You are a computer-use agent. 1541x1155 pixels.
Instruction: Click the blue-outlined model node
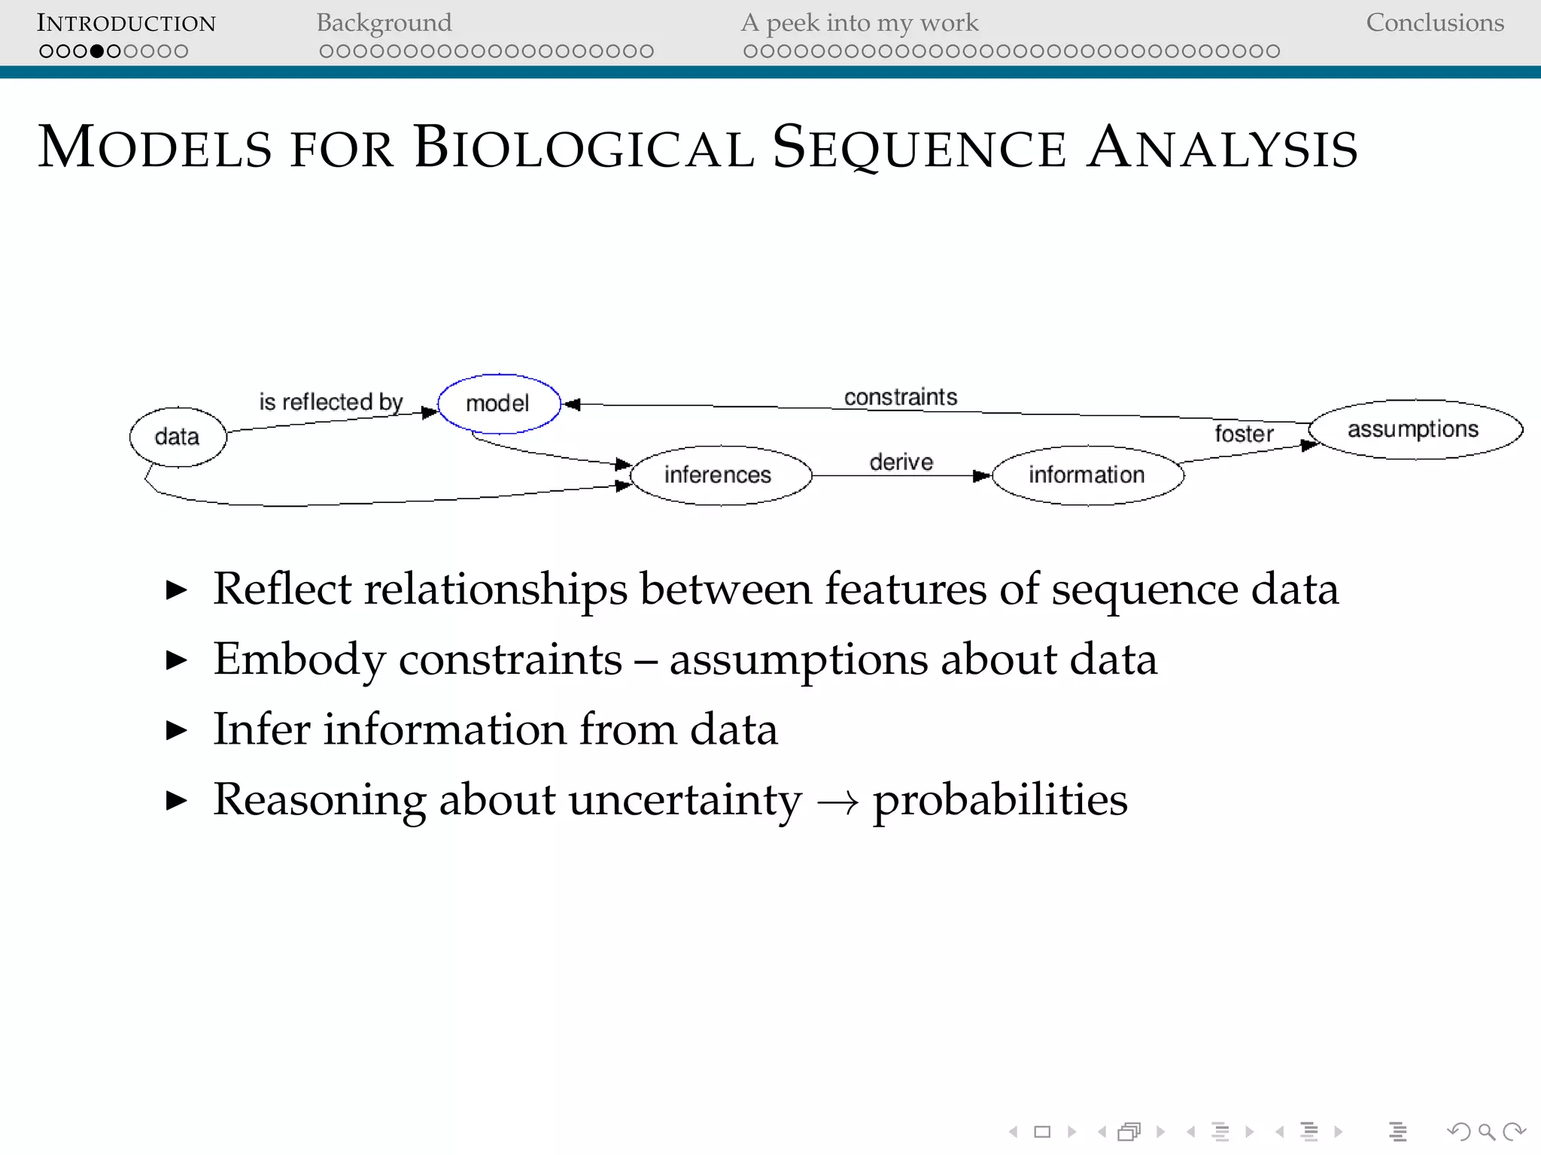point(499,404)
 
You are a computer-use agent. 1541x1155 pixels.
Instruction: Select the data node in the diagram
point(178,437)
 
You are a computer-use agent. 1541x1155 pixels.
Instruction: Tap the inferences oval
point(719,475)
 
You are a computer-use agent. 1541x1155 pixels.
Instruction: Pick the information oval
point(1087,475)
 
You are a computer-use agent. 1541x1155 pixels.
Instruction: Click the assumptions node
point(1414,429)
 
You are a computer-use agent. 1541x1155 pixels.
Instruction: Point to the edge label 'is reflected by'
point(331,402)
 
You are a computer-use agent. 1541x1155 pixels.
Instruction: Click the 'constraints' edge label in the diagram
point(901,397)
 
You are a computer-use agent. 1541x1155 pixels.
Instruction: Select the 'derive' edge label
point(901,462)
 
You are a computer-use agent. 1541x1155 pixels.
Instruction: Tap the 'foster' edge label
point(1244,434)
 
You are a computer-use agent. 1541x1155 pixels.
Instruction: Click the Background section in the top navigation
point(384,23)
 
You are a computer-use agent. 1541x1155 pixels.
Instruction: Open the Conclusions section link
point(1434,23)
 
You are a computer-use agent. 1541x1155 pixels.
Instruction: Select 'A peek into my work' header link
point(859,23)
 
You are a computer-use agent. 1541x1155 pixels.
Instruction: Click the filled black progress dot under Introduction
point(96,51)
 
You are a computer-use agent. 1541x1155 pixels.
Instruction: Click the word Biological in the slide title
point(583,147)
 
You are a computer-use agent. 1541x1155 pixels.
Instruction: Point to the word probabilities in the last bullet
point(1000,799)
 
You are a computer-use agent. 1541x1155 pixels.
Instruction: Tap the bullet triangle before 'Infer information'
point(176,730)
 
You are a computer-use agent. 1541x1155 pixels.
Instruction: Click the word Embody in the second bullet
point(299,659)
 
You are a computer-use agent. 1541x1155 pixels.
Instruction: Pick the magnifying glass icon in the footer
point(1486,1131)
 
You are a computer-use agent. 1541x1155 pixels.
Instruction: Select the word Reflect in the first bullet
point(282,589)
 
